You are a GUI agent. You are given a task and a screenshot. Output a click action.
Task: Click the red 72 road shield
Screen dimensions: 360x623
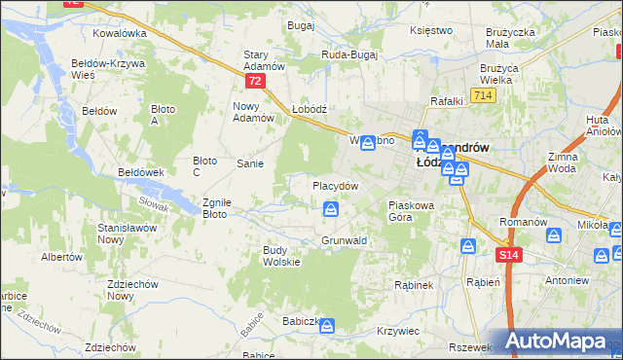254,82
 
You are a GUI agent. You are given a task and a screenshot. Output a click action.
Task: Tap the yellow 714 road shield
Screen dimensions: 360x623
481,94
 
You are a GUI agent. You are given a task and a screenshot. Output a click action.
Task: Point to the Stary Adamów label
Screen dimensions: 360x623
263,60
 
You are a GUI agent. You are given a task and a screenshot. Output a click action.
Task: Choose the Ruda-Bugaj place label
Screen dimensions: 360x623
348,55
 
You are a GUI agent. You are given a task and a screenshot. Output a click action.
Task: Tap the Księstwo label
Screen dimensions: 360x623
432,30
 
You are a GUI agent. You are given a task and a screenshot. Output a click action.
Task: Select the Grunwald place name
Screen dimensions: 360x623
344,240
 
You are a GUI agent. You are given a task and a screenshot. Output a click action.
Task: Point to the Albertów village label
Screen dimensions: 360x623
60,257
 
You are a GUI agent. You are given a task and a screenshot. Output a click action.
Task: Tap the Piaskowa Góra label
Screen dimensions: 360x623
416,211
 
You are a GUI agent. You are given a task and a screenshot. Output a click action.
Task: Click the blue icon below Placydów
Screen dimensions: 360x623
332,209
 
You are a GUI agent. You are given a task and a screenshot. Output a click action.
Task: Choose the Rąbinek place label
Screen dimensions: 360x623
413,285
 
